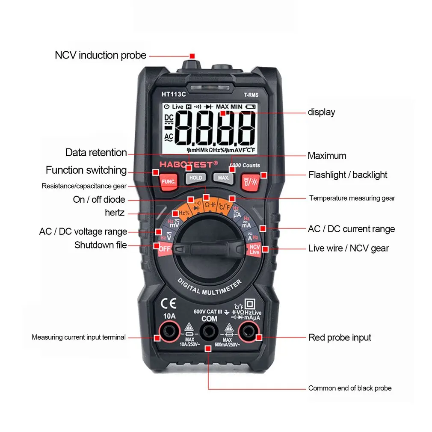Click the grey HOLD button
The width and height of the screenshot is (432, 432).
click(x=195, y=178)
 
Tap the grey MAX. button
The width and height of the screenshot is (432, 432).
click(x=223, y=178)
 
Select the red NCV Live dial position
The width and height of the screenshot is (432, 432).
click(x=254, y=249)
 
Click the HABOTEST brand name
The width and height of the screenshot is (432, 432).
click(x=188, y=164)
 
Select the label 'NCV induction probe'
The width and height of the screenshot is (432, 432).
click(x=101, y=55)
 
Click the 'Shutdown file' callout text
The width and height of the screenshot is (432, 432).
click(x=101, y=245)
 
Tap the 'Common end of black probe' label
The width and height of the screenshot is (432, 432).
click(x=350, y=388)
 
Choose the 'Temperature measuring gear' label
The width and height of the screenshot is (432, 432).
click(x=352, y=198)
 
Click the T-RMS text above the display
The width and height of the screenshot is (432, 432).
click(x=251, y=95)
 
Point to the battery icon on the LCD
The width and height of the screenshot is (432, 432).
click(x=250, y=107)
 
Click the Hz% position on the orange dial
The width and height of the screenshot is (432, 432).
click(x=184, y=213)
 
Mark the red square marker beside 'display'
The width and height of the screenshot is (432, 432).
click(x=223, y=113)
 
